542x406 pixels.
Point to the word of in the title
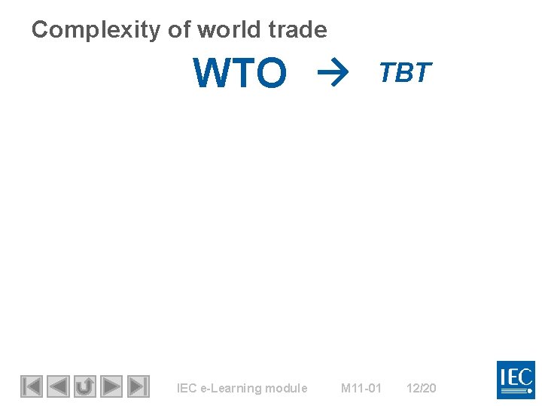tap(178, 30)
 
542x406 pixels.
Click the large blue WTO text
tap(240, 74)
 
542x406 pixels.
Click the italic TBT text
tap(405, 72)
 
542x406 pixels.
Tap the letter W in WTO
tap(211, 74)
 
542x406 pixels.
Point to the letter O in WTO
tap(271, 74)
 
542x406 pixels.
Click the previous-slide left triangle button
tap(58, 386)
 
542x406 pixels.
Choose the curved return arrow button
tap(84, 386)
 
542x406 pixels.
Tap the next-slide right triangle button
tap(111, 386)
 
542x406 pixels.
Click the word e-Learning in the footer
tap(232, 389)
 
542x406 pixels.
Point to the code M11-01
tap(361, 389)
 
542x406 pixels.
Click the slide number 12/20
tap(421, 389)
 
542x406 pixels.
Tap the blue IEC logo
tap(516, 380)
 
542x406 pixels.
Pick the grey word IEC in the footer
tap(185, 389)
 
